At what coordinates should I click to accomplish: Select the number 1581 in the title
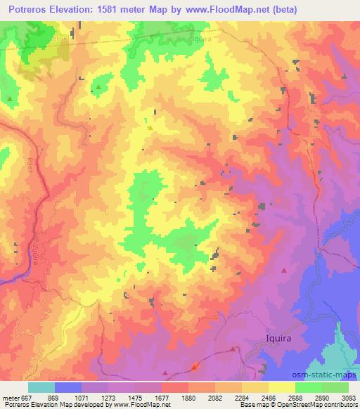[116, 10]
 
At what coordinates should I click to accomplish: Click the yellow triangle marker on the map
[150, 127]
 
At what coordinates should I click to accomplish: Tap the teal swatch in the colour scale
[41, 387]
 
